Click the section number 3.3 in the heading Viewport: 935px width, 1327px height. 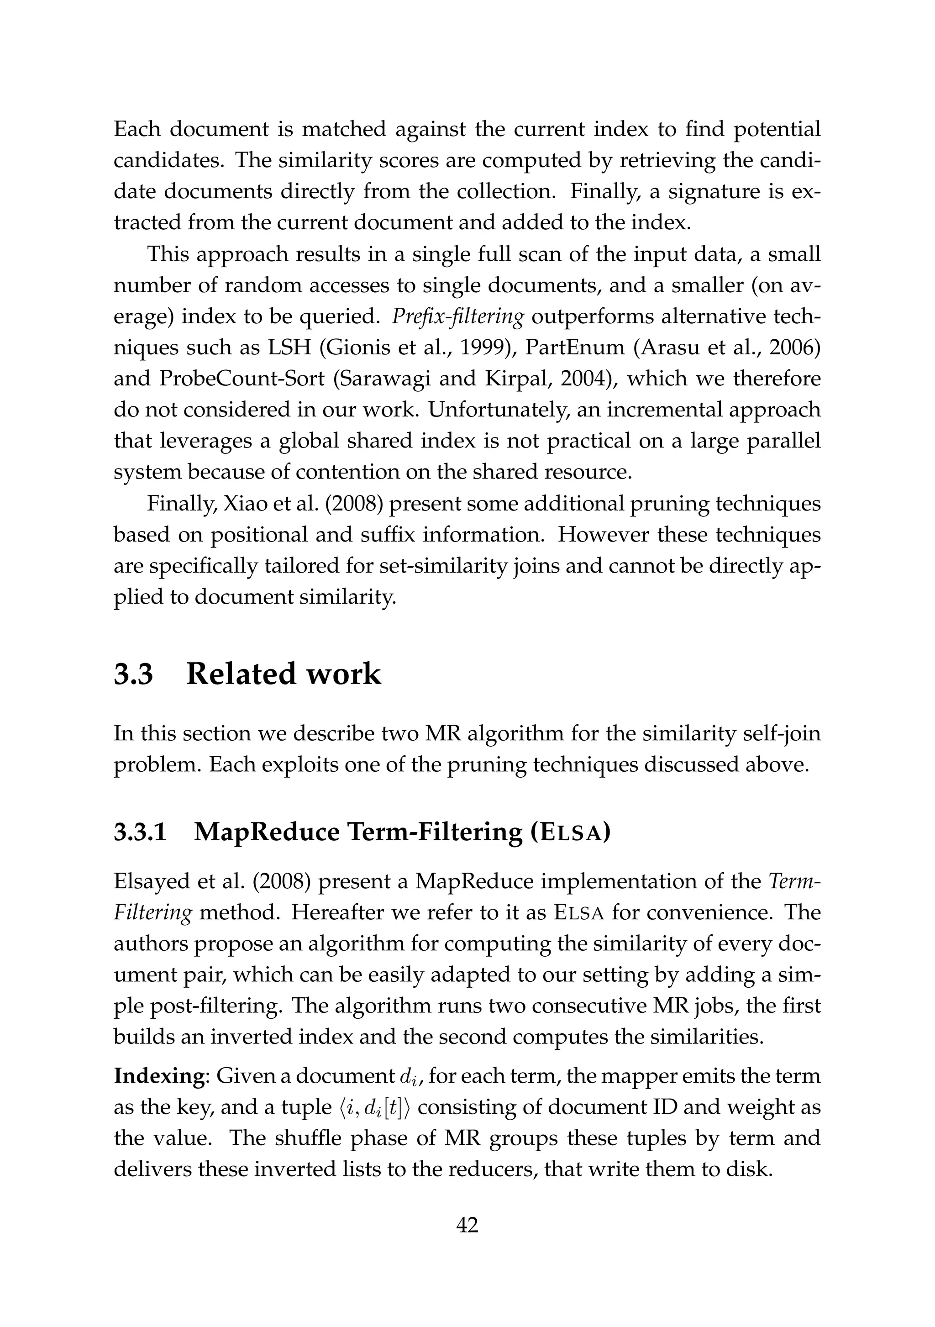133,674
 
